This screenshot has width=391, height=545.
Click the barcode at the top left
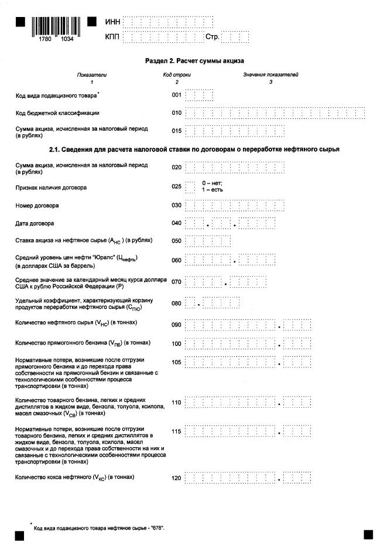point(57,26)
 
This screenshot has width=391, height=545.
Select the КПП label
point(112,37)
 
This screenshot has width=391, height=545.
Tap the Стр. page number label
point(211,37)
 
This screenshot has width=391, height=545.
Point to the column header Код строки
point(177,75)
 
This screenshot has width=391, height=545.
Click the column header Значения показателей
point(270,75)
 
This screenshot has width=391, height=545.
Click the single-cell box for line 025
point(190,187)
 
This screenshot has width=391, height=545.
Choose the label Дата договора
point(35,223)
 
